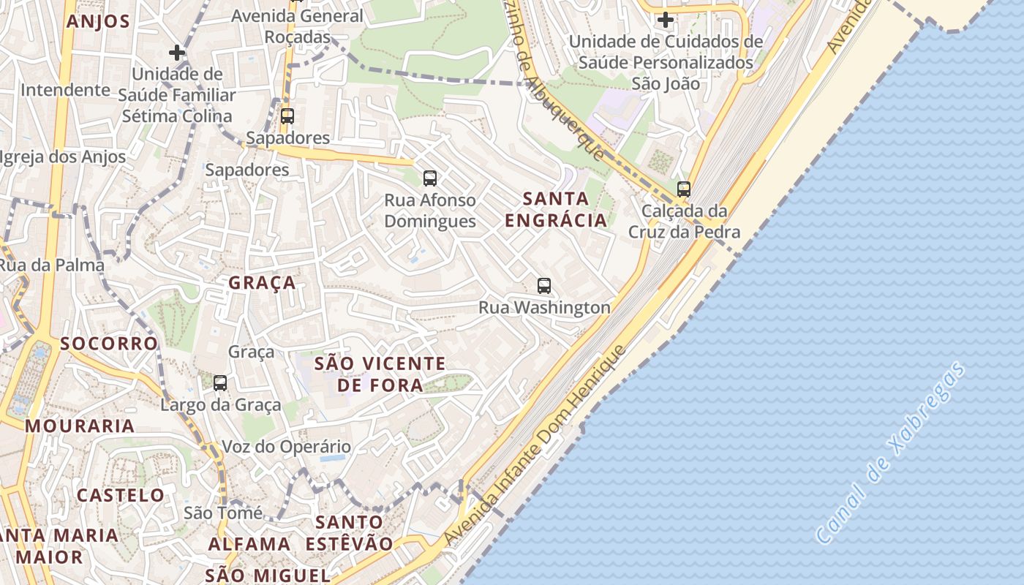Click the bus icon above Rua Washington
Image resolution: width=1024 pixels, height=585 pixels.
tap(543, 286)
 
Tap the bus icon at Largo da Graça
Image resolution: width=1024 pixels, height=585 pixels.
tap(220, 382)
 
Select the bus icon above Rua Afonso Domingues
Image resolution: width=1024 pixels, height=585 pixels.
tap(430, 178)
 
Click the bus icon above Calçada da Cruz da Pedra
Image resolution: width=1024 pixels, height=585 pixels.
tap(684, 189)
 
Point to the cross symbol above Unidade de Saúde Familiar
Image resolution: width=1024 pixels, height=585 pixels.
tap(176, 53)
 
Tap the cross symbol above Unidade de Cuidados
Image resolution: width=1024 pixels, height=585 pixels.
tap(665, 20)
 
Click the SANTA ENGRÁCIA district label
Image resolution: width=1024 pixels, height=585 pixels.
tap(557, 209)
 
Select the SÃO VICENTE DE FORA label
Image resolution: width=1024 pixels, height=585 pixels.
tap(380, 374)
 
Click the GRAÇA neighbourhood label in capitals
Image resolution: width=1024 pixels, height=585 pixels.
tap(263, 283)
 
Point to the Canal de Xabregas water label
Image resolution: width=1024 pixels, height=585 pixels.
tap(890, 454)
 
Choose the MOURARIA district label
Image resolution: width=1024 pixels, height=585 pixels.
tap(80, 426)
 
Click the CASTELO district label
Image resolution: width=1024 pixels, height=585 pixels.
tap(121, 495)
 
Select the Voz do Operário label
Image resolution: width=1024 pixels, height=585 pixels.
tap(286, 447)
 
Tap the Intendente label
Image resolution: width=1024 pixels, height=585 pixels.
tap(65, 90)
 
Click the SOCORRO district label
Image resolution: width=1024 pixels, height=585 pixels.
tap(109, 344)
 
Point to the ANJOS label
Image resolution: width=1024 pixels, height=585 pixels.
tap(98, 21)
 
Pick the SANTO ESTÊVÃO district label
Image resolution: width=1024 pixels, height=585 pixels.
tap(349, 533)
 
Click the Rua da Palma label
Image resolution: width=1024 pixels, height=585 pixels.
tap(52, 265)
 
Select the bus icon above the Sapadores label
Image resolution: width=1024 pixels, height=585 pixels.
tap(287, 116)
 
